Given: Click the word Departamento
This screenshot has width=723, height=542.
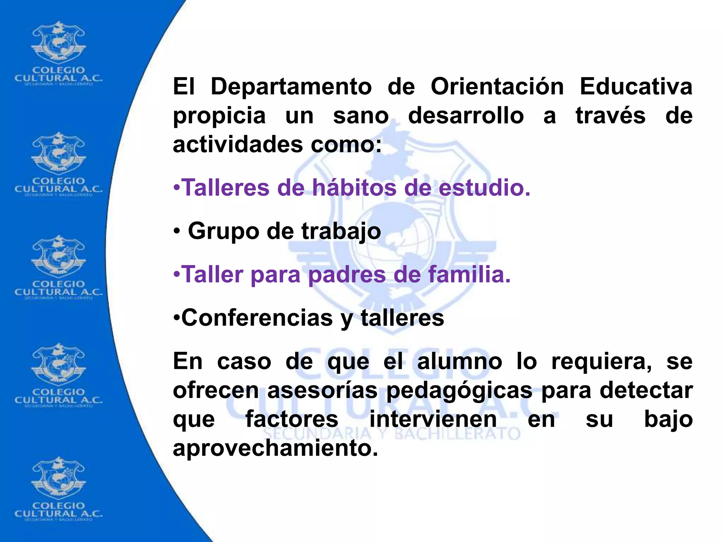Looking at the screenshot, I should pos(291,87).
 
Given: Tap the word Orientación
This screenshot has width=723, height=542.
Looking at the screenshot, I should pos(497,87).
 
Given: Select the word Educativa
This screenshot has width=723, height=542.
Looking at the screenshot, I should pos(636,87).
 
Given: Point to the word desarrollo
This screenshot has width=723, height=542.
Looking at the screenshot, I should pos(466,116).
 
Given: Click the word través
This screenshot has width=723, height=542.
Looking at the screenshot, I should pos(610,116).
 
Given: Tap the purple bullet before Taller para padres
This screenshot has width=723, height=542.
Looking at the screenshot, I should pos(177,274).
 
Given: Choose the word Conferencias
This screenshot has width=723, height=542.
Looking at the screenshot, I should pos(257,318).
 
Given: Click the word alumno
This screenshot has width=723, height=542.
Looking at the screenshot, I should pos(459,362).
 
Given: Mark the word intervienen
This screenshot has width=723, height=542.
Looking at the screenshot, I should pos(433,420).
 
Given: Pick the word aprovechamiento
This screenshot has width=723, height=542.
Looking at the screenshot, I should pos(275,448).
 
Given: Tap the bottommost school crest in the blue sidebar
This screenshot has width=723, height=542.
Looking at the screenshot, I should pos(58,478).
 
